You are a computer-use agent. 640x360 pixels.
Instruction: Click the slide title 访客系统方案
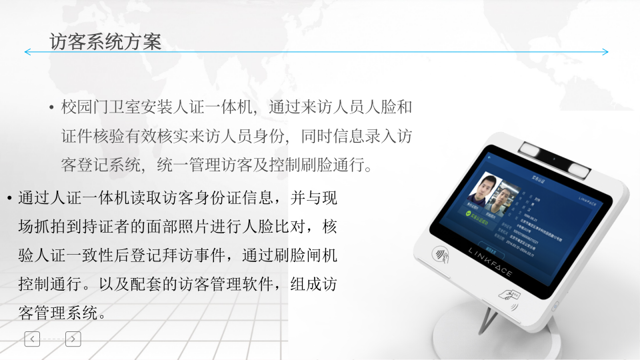[105, 41]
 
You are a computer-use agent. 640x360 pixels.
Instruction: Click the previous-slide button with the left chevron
[33, 339]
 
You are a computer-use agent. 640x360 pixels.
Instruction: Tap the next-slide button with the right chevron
[73, 339]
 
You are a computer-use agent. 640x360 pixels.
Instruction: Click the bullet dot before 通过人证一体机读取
[8, 199]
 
